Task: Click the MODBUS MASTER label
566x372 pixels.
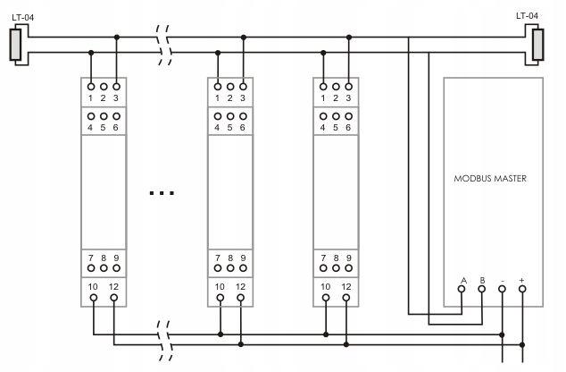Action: pos(490,178)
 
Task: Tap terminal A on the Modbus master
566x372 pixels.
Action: pos(462,289)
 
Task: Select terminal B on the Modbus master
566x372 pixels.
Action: pos(481,289)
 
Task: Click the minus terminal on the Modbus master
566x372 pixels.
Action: pos(502,289)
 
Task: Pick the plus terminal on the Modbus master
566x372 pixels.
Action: pos(522,289)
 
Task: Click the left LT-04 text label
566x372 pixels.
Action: pos(23,17)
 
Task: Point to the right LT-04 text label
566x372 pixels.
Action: pos(527,16)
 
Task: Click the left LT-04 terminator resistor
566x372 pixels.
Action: pos(15,45)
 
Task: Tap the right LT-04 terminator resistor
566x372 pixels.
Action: pos(537,45)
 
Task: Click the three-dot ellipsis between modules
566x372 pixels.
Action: pos(162,193)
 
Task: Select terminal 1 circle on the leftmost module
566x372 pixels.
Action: pos(91,87)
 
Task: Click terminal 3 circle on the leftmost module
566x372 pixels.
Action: pos(116,87)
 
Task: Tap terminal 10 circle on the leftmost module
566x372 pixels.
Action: pos(94,298)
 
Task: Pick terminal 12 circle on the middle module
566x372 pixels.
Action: pos(241,298)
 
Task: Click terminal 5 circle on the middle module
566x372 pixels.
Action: pos(230,116)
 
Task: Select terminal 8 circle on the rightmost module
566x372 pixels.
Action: pos(336,268)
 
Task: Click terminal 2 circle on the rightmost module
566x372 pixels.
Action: pos(336,87)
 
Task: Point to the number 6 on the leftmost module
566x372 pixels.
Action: pos(115,128)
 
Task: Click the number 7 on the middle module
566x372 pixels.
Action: pos(217,258)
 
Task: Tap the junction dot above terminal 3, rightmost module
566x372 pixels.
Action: pos(349,38)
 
